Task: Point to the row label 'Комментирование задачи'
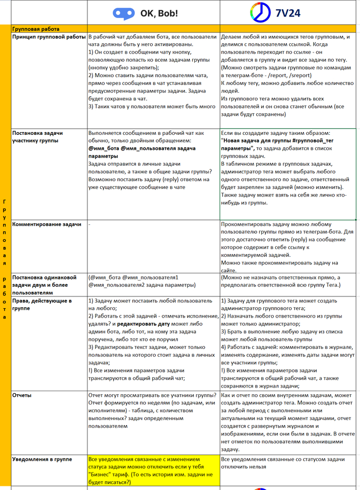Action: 47,224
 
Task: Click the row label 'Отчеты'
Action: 21,395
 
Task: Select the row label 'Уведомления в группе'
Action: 42,459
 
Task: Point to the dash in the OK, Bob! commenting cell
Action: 89,225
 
